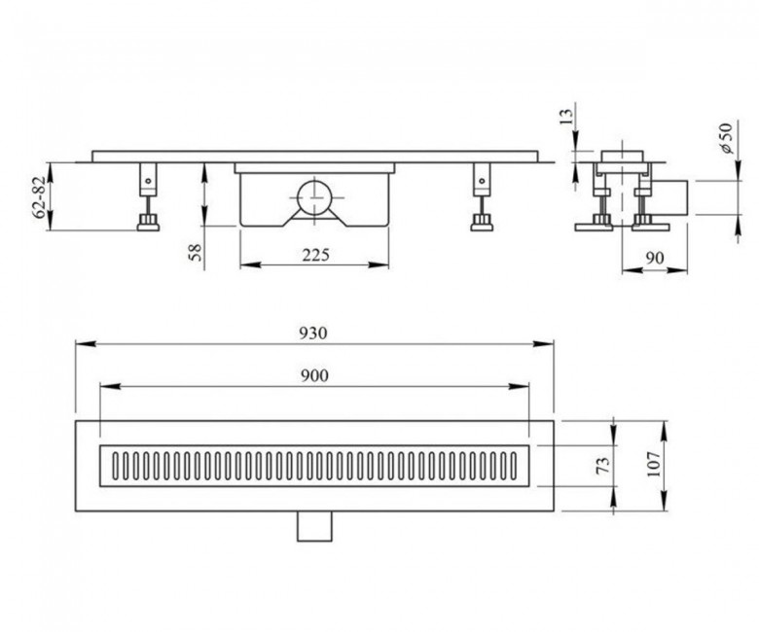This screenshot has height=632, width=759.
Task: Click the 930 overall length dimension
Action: pyautogui.click(x=312, y=334)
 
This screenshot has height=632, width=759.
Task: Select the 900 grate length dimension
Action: pyautogui.click(x=314, y=375)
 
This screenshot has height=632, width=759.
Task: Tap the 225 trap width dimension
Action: pyautogui.click(x=315, y=255)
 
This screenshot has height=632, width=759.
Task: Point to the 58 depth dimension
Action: pyautogui.click(x=196, y=253)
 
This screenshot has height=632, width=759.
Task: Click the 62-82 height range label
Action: pyautogui.click(x=40, y=196)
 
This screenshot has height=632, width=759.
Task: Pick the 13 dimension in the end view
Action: pyautogui.click(x=565, y=117)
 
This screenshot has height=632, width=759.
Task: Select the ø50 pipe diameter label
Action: pyautogui.click(x=727, y=138)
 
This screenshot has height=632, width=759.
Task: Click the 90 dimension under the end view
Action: pyautogui.click(x=655, y=259)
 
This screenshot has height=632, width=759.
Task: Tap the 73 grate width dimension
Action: pyautogui.click(x=602, y=466)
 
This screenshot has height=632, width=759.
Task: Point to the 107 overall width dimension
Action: pyautogui.click(x=654, y=464)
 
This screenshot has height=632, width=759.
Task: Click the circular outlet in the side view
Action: pyautogui.click(x=313, y=197)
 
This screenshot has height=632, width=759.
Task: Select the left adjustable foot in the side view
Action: pyautogui.click(x=148, y=196)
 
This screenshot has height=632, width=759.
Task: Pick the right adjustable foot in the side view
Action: pyautogui.click(x=482, y=196)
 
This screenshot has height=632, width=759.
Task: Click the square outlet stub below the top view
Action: pyautogui.click(x=314, y=526)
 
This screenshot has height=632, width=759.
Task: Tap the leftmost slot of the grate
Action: pyautogui.click(x=116, y=466)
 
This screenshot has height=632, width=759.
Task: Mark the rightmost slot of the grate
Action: pyautogui.click(x=514, y=466)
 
